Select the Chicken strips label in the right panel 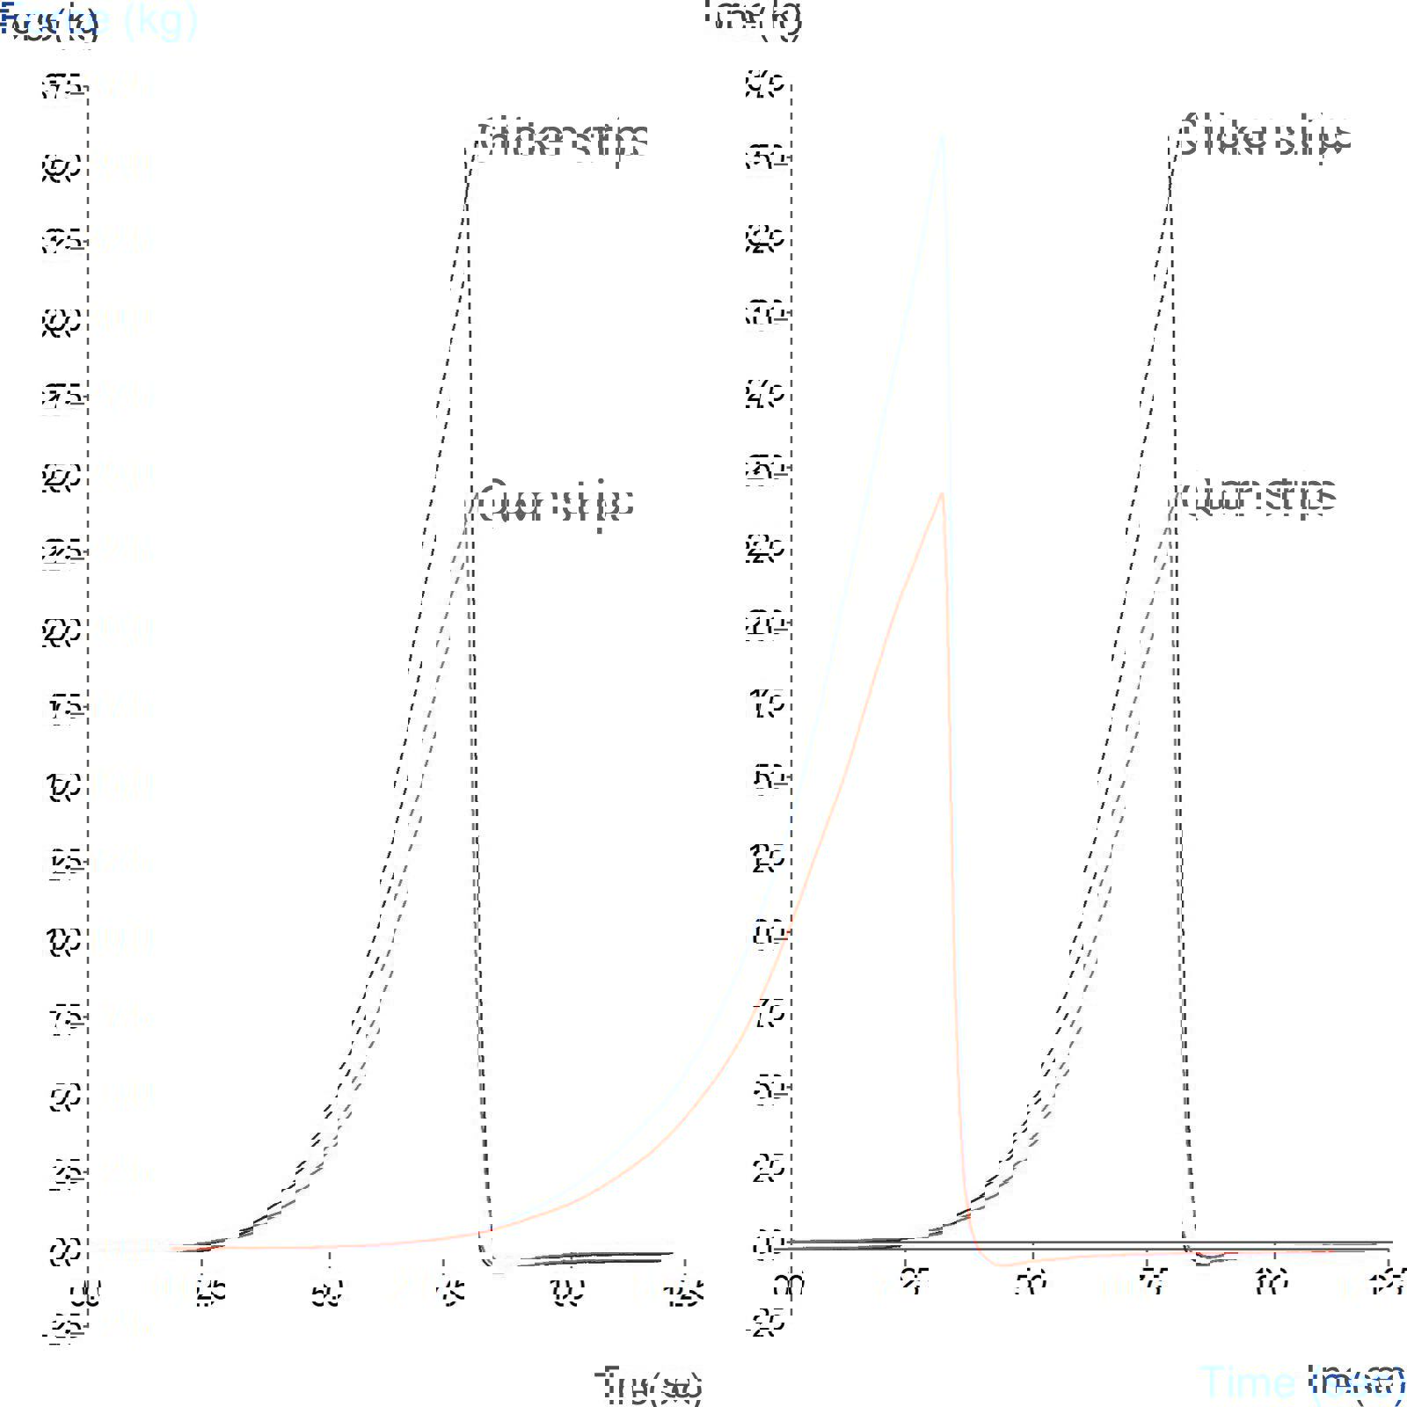(1263, 136)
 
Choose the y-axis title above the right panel (755, 18)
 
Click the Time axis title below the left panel (649, 1384)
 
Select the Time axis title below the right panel (1301, 1382)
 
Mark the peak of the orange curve (942, 494)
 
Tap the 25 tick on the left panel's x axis (209, 1292)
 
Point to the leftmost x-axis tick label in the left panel (86, 1292)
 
